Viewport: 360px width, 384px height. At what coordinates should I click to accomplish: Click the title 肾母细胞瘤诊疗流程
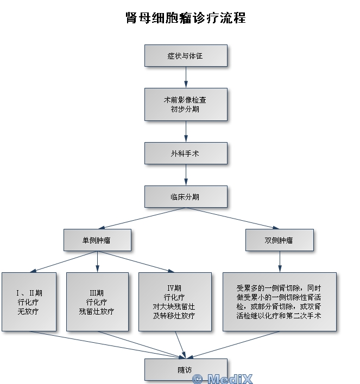click(x=185, y=18)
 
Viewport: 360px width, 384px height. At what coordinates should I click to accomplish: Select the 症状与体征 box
click(x=185, y=56)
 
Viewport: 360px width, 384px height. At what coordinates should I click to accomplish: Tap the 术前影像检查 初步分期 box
click(x=185, y=105)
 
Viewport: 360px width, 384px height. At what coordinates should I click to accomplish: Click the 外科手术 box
click(x=185, y=153)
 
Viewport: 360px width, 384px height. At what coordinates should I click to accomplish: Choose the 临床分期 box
click(x=185, y=197)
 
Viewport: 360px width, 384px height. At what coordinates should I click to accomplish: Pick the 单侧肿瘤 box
click(x=97, y=240)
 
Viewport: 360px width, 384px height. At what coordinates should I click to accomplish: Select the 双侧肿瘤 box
click(x=279, y=240)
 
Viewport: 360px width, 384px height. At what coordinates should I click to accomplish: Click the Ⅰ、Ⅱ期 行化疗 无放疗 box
click(x=29, y=302)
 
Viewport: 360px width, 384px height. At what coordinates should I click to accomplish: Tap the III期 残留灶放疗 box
click(x=97, y=302)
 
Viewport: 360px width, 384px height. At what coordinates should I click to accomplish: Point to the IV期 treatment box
click(x=174, y=302)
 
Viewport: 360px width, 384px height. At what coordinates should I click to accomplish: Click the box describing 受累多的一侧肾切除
click(x=279, y=302)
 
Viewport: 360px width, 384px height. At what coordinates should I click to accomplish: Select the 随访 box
click(x=185, y=370)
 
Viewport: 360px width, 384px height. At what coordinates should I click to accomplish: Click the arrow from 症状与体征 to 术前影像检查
click(x=185, y=78)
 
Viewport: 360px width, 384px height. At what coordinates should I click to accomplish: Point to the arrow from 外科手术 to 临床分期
click(x=185, y=175)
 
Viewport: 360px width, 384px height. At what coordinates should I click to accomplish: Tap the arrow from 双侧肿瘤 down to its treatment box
click(x=279, y=261)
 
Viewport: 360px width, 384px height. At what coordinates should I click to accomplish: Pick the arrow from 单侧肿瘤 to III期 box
click(x=97, y=261)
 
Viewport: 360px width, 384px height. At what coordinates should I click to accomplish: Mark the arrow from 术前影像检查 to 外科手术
click(x=185, y=132)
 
